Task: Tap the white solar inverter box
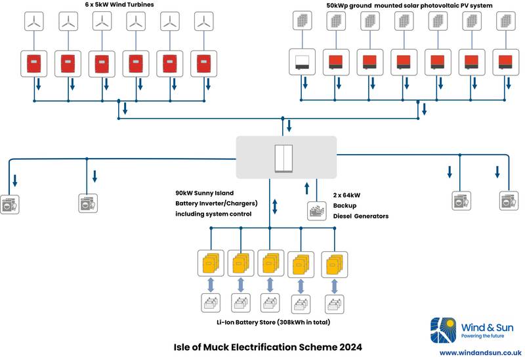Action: click(x=303, y=62)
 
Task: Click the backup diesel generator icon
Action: click(x=318, y=212)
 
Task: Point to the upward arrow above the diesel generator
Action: click(x=306, y=189)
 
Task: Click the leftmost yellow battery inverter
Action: click(x=210, y=263)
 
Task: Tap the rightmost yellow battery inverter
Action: click(x=333, y=263)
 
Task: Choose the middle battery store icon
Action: click(x=271, y=304)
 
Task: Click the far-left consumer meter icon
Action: click(x=9, y=204)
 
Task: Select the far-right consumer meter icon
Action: click(x=509, y=201)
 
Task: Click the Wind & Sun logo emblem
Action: click(x=442, y=329)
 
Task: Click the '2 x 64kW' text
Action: click(x=347, y=195)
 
